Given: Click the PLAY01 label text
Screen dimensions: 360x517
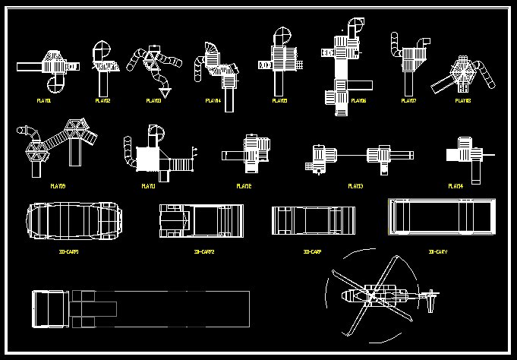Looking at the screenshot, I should (x=45, y=100).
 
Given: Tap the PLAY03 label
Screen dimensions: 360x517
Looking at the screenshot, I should (x=153, y=100).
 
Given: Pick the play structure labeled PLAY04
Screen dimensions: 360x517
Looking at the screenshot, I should (x=215, y=65).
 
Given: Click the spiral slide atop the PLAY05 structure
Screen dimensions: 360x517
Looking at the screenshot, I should (x=281, y=36).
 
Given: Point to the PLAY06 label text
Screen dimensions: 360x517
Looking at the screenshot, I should (x=358, y=100).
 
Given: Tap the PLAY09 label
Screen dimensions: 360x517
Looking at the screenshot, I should (x=58, y=185).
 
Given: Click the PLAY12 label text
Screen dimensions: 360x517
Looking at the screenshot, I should (x=244, y=185).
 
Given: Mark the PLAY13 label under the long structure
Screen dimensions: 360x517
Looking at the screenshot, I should (x=355, y=185).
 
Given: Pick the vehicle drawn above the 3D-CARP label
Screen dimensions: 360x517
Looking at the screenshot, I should (x=314, y=221).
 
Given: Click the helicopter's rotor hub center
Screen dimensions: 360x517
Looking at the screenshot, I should (x=371, y=295).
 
